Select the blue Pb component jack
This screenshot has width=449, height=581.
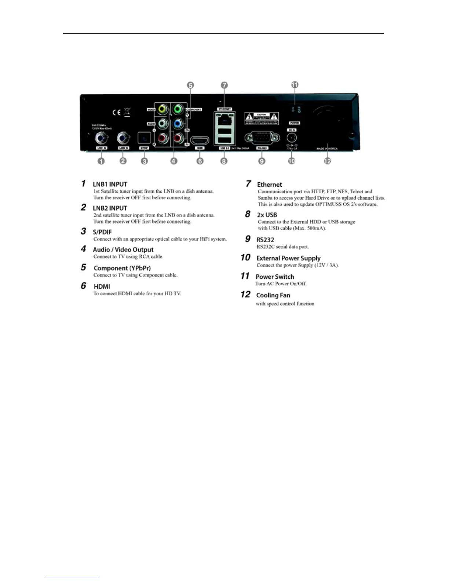pos(178,124)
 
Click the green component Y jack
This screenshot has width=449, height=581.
pos(178,109)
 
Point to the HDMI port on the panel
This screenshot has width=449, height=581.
pos(200,140)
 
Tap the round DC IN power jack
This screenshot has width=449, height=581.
pos(292,138)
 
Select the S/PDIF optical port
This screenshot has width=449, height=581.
pos(144,138)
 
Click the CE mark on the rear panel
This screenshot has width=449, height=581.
pos(116,112)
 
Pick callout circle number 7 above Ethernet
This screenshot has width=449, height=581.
pos(224,85)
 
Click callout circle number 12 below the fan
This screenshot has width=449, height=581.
pos(327,161)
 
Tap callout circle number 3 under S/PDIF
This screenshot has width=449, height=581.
pos(145,161)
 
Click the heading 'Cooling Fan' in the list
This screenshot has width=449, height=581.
pos(273,295)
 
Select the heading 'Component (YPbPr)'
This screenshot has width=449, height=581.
pos(122,268)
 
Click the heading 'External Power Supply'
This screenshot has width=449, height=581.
pos(288,258)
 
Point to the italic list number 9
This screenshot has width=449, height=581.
pos(248,239)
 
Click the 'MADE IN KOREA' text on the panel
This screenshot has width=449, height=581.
pos(327,149)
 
